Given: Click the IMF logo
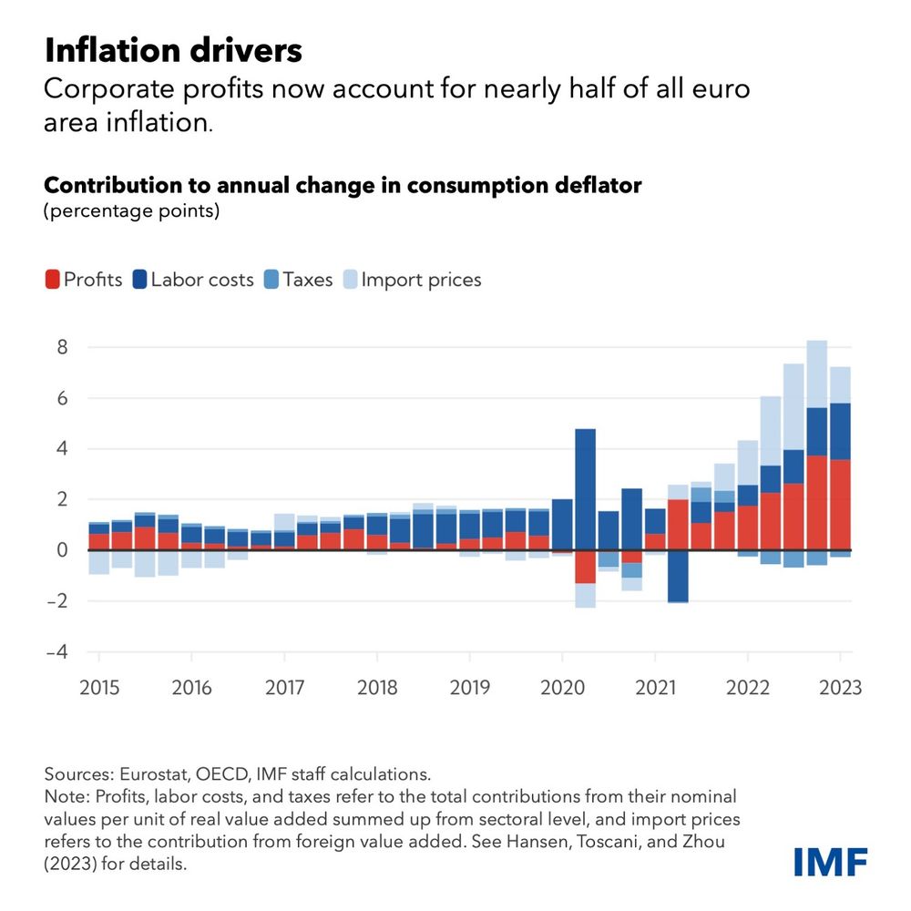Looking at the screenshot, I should [829, 861].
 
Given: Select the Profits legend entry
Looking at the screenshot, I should [83, 280].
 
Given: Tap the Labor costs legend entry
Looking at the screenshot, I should [192, 280].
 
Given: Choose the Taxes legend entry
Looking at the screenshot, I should [298, 280].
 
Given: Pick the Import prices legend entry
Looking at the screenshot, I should [411, 280].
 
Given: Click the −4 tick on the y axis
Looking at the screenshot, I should [58, 652].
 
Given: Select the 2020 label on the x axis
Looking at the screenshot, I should [563, 688].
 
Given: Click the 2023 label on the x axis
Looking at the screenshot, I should [840, 688].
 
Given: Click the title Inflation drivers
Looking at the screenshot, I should [172, 50].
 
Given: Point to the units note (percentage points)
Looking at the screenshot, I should [132, 210].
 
